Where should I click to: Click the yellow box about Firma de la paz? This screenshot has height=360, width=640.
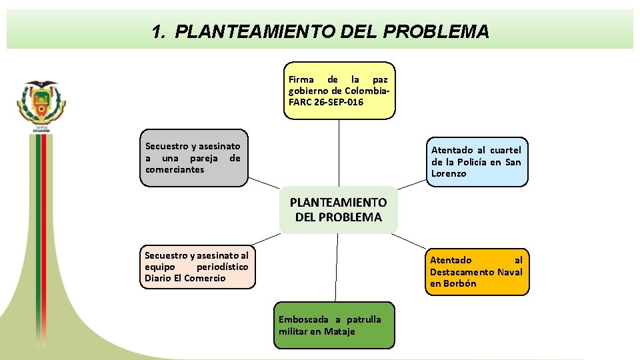click(339, 91)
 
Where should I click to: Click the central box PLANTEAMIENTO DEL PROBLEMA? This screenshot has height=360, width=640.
click(338, 209)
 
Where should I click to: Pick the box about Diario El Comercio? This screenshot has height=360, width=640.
click(197, 267)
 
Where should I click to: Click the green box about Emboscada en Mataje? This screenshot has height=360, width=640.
click(334, 325)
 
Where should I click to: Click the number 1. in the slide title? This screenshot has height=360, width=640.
click(158, 31)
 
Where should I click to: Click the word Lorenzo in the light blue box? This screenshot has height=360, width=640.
click(449, 173)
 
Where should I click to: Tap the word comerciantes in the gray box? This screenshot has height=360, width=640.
click(175, 169)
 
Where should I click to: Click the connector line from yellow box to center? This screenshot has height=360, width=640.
click(339, 153)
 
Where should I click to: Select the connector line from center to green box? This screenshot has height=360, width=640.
click(337, 267)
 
